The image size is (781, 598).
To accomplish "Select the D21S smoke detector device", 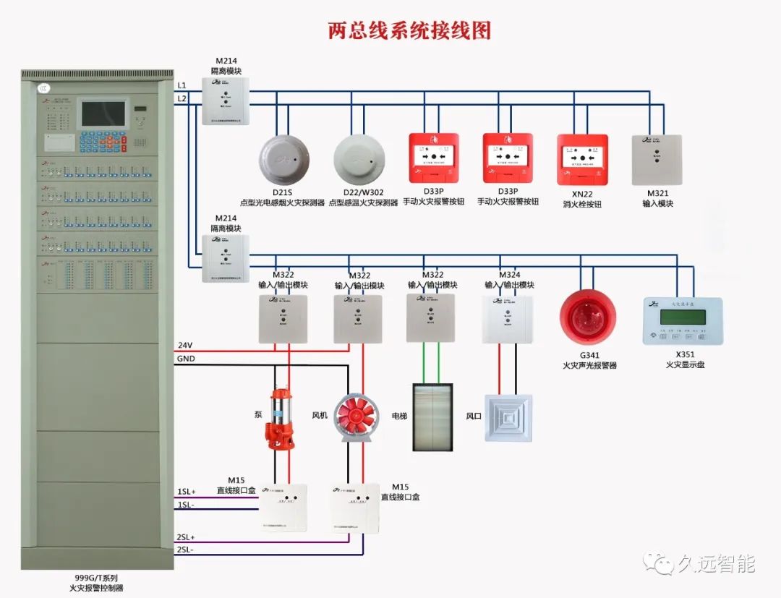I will click(x=283, y=159).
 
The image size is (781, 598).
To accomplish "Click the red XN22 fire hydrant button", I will click(x=582, y=159).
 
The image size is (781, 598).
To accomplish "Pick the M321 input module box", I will click(x=657, y=160).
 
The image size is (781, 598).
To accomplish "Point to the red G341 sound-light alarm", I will click(x=588, y=317).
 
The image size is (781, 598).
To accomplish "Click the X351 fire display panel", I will click(x=683, y=320).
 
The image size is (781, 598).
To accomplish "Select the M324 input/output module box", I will click(x=508, y=319).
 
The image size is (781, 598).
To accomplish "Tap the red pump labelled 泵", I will click(x=280, y=419).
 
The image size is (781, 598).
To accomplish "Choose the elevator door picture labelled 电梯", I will click(x=432, y=417).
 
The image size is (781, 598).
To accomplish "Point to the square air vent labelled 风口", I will click(x=508, y=418).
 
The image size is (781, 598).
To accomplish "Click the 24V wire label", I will click(x=185, y=345).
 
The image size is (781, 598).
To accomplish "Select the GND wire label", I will click(x=186, y=359).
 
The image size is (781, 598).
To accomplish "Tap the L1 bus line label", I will click(x=182, y=86).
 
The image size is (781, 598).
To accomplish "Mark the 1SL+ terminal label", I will click(x=187, y=492).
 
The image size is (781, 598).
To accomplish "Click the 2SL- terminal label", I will click(x=185, y=550).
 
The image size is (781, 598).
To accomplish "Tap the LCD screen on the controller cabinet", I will click(x=103, y=114).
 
